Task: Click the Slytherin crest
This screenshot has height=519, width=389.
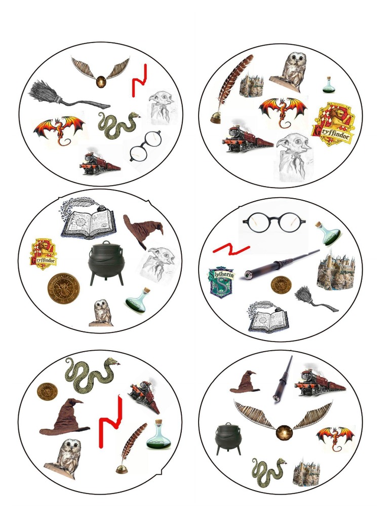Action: point(222,282)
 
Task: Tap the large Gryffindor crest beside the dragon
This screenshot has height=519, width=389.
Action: point(333,124)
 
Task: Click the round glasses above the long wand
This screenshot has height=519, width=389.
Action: point(274,222)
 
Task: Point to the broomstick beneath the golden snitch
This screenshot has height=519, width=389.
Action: point(66,95)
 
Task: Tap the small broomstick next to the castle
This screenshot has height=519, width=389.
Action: point(314,299)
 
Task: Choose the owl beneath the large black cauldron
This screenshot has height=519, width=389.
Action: point(102,312)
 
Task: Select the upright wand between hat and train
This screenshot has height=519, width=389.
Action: point(282,379)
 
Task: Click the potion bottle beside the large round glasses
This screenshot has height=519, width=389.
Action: point(328,234)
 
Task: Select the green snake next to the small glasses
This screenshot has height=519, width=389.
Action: point(118,125)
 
